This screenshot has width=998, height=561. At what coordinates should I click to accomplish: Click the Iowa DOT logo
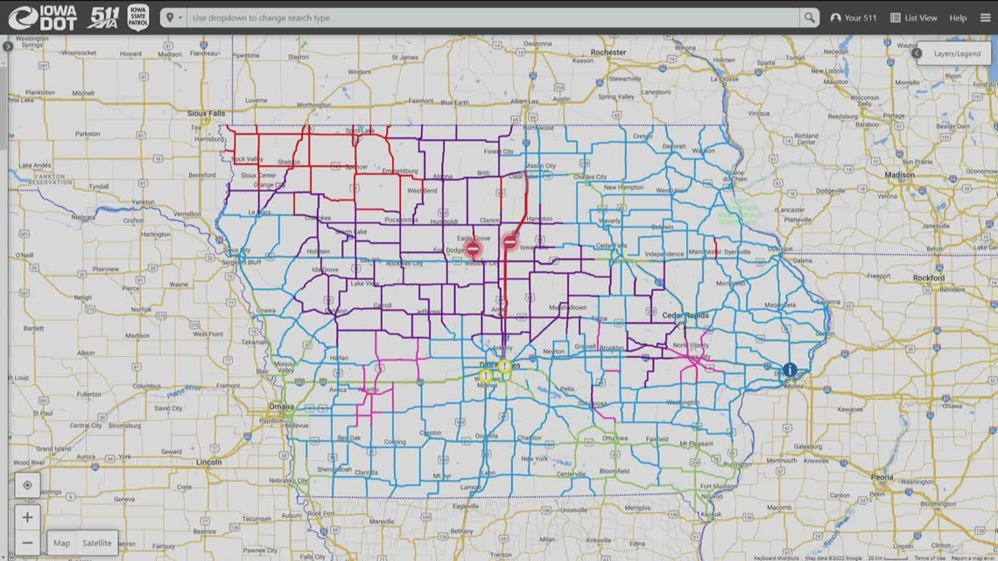point(42,18)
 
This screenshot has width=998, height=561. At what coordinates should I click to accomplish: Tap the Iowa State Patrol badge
point(137,18)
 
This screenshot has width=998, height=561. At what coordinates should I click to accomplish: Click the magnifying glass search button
point(809,18)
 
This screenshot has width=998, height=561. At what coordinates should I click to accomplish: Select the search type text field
point(490,18)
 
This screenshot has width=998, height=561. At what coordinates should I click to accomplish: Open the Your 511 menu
point(854,18)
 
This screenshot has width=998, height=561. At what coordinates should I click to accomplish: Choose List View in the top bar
point(914,18)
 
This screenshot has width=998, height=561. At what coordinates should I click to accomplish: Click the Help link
point(958,18)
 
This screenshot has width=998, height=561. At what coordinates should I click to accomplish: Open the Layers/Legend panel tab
point(956,53)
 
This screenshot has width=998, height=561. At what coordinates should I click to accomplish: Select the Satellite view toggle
point(97,543)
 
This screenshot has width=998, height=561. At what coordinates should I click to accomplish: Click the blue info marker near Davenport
point(790,370)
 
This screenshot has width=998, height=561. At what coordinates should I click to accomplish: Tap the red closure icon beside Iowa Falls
point(510,242)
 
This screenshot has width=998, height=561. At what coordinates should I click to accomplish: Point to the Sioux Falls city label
point(206,113)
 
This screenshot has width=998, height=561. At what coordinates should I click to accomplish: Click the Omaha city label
point(282,407)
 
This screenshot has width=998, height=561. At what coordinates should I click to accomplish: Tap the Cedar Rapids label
point(685,316)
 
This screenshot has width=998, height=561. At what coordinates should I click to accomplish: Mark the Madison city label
point(899,175)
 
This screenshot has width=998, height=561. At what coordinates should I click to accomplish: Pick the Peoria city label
point(882,478)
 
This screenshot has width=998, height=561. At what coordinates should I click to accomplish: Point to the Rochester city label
point(608,53)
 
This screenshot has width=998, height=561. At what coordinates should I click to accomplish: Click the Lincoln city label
point(208,462)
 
